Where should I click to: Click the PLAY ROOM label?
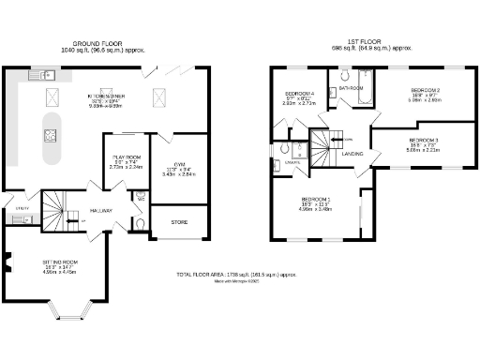tap(126, 157)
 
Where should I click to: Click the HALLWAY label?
tap(101, 211)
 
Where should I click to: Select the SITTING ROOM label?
tap(59, 263)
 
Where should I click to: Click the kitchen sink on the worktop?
tap(46, 73)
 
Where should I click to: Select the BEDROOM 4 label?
tap(302, 94)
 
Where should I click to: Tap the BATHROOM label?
tap(352, 88)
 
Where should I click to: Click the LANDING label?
tap(352, 153)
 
